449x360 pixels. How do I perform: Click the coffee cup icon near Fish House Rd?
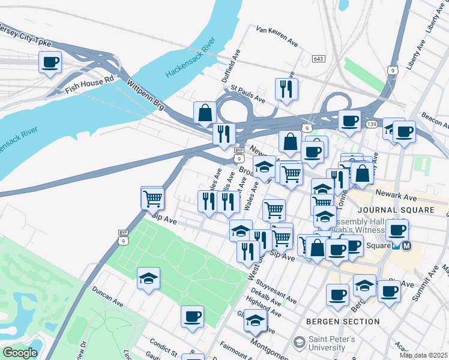[50, 62]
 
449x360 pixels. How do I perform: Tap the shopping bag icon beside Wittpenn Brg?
[205, 112]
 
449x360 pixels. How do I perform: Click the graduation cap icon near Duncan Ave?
[148, 278]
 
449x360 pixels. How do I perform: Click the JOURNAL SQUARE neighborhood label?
[404, 210]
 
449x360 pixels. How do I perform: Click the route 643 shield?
[319, 59]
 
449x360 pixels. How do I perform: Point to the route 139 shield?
[372, 124]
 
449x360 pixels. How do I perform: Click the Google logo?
[20, 353]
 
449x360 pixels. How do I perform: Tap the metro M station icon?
[406, 245]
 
